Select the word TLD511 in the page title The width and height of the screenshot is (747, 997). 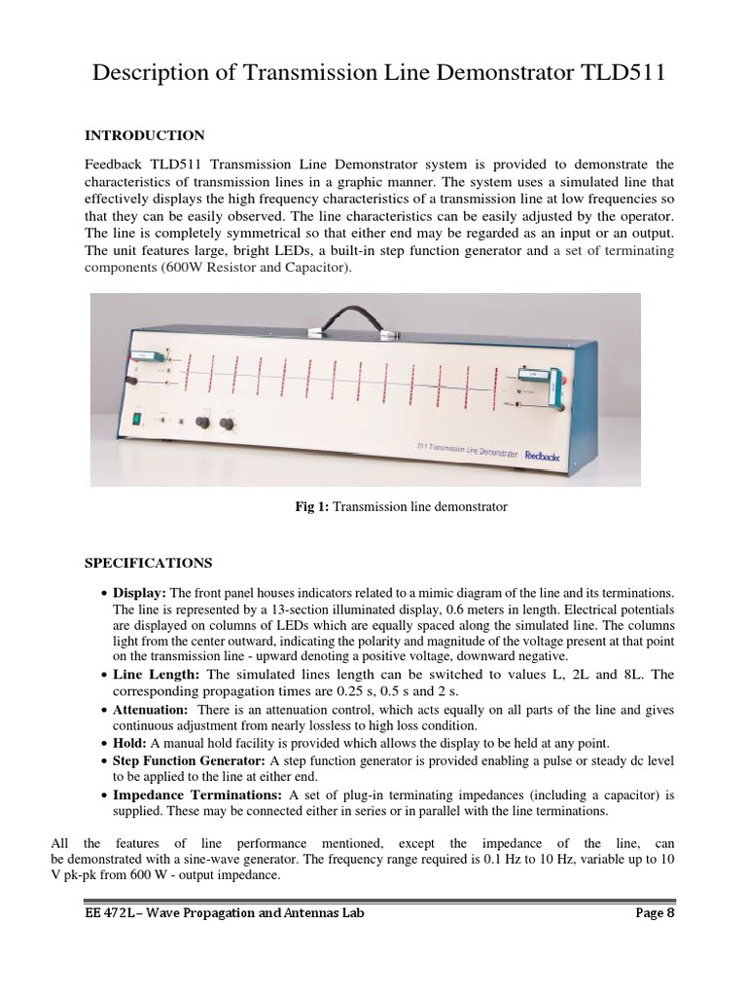[x=617, y=75]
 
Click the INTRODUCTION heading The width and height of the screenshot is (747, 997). [x=144, y=135]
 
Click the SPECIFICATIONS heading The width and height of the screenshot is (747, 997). [x=148, y=563]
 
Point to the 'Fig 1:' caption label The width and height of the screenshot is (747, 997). [x=312, y=507]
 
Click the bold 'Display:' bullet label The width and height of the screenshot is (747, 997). [x=140, y=593]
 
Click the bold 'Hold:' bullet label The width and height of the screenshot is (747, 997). [x=129, y=742]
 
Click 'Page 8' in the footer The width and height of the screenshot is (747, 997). [x=645, y=913]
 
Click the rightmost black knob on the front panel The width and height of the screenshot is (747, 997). [x=228, y=424]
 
